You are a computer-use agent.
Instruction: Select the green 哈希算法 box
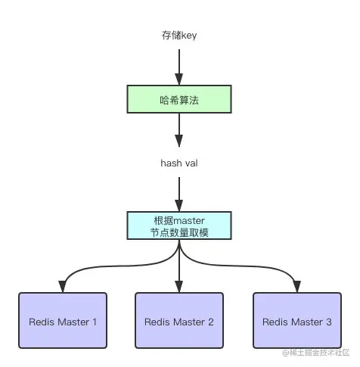[179, 100]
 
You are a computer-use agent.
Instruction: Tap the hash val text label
[179, 163]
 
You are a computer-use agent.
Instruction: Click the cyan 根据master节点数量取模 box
[179, 226]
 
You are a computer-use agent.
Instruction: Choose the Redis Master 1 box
[62, 322]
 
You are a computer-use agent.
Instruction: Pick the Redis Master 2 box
[179, 322]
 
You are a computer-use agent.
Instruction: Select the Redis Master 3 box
[296, 322]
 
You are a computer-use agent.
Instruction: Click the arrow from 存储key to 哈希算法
[179, 67]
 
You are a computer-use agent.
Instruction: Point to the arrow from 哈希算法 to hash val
[179, 130]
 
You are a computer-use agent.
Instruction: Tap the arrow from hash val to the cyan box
[179, 194]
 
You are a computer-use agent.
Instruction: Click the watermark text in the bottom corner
[315, 353]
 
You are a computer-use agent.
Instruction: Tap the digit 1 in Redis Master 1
[95, 322]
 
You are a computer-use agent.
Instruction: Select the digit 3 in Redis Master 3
[328, 322]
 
